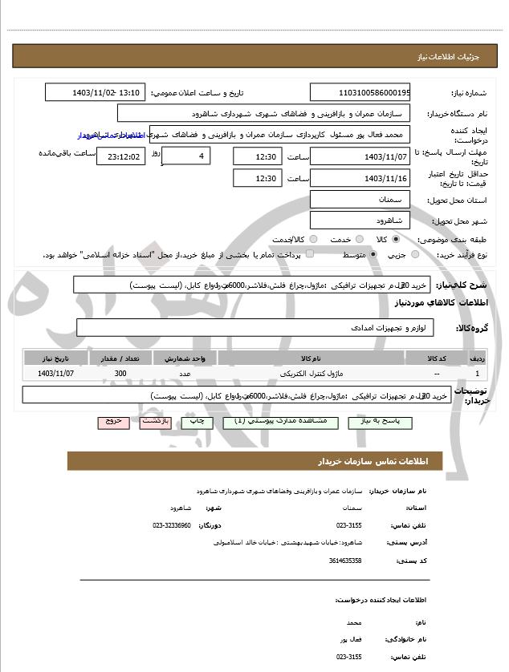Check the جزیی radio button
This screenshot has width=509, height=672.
tap(415, 254)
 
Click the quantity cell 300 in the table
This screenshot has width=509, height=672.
tap(120, 374)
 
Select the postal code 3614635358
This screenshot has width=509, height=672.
tap(345, 560)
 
